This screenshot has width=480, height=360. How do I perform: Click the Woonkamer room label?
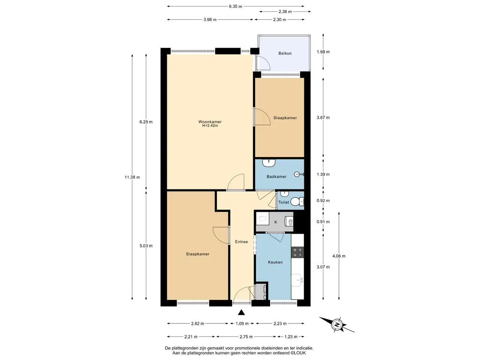pyautogui.click(x=210, y=121)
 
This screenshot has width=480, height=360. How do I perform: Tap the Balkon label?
pyautogui.click(x=285, y=53)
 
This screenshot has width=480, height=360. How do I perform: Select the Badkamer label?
pyautogui.click(x=277, y=177)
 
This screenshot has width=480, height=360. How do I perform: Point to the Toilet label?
pyautogui.click(x=284, y=202)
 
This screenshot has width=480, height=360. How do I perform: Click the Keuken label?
pyautogui.click(x=275, y=262)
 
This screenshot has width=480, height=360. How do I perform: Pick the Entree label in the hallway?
pyautogui.click(x=241, y=242)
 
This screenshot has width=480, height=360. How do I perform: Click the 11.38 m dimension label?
pyautogui.click(x=132, y=177)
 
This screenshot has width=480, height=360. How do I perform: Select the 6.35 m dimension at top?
pyautogui.click(x=235, y=6)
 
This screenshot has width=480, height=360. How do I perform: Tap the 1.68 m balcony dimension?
pyautogui.click(x=323, y=52)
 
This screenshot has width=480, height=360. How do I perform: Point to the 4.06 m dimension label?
pyautogui.click(x=339, y=256)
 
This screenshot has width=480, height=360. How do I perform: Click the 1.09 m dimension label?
pyautogui.click(x=242, y=323)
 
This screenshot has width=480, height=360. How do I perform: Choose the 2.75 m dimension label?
pyautogui.click(x=246, y=337)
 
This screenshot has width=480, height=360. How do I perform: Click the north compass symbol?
pyautogui.click(x=337, y=325)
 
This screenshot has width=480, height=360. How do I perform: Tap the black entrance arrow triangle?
pyautogui.click(x=241, y=313)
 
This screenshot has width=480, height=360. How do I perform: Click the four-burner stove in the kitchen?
pyautogui.click(x=297, y=252)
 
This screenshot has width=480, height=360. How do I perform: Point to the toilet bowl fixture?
pyautogui.click(x=297, y=202)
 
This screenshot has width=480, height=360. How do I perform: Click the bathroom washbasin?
pyautogui.click(x=269, y=163)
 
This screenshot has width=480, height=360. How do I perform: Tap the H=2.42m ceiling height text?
pyautogui.click(x=210, y=126)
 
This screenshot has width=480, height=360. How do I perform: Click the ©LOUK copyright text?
pyautogui.click(x=298, y=353)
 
